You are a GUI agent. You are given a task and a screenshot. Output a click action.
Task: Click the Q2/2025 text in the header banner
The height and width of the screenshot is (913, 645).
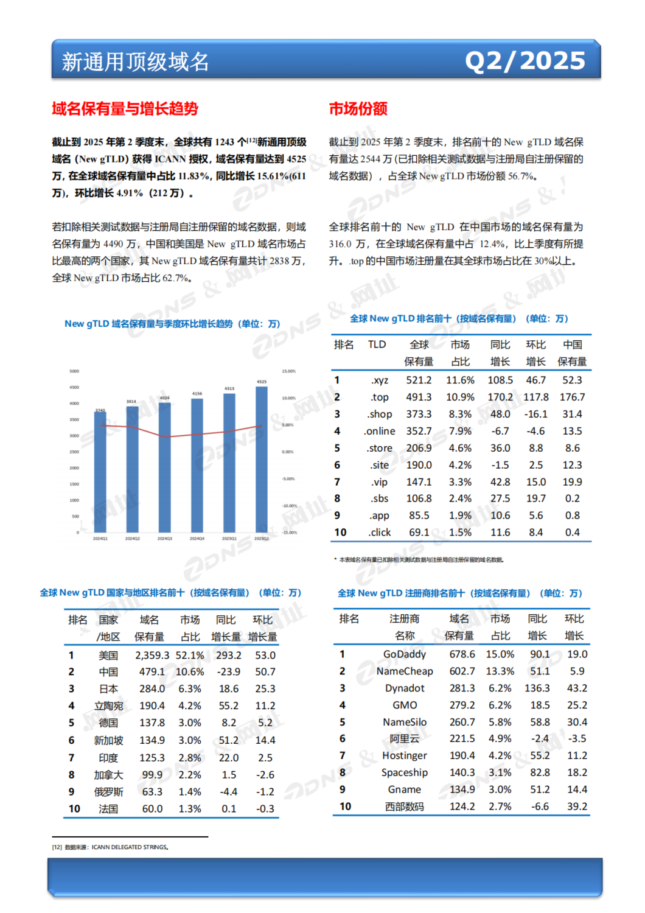(x=525, y=61)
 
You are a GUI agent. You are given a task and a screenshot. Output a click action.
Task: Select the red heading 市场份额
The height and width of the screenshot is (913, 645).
(x=358, y=109)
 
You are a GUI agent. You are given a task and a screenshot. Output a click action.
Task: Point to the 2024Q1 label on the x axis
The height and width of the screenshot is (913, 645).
(x=100, y=539)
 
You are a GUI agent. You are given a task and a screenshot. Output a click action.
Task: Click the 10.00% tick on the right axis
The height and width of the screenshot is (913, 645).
(x=288, y=398)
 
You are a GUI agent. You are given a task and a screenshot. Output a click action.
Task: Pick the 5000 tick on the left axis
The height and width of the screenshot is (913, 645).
(x=74, y=371)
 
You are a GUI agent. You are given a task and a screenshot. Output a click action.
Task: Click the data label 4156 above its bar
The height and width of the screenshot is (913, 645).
(x=197, y=394)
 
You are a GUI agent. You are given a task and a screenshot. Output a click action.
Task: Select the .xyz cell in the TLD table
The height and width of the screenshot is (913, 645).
(x=380, y=380)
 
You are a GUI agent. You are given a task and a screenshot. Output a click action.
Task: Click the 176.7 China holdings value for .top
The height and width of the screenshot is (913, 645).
(x=572, y=397)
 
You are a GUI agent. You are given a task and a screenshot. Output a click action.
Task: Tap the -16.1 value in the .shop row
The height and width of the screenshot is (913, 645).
(x=535, y=414)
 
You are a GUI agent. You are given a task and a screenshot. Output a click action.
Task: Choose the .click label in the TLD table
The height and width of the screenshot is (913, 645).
(x=380, y=532)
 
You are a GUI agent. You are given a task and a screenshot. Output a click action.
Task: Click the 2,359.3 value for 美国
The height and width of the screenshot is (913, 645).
(x=152, y=656)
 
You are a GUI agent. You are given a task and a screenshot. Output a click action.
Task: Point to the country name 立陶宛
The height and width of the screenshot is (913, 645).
(x=108, y=706)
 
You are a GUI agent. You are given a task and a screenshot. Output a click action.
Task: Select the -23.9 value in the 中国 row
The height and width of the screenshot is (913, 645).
(x=228, y=672)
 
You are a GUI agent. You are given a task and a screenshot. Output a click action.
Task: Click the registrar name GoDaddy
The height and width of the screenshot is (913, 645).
(x=405, y=654)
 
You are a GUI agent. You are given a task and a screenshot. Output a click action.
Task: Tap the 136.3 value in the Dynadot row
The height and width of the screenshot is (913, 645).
(x=537, y=688)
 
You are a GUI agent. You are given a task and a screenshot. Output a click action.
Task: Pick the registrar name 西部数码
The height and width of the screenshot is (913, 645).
(x=405, y=806)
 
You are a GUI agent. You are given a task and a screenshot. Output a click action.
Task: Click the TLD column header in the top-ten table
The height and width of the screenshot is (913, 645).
(x=377, y=345)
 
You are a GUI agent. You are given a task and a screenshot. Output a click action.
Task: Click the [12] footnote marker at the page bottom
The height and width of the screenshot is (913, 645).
(x=57, y=847)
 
